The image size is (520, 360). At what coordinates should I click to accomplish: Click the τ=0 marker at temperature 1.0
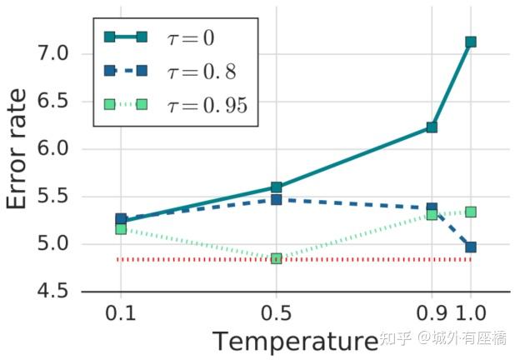point(471,42)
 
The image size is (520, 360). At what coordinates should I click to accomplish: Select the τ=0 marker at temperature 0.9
point(432,127)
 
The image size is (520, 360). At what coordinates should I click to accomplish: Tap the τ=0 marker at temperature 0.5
point(276,187)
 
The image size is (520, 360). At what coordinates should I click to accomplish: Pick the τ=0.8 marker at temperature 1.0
point(471,247)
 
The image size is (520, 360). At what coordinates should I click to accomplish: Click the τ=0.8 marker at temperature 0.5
point(276,200)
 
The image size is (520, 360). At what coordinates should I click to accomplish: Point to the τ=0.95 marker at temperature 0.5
point(276,258)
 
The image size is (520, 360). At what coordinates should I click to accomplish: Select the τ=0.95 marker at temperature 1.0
point(471,212)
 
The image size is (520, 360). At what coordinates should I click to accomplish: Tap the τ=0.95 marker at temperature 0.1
point(121,228)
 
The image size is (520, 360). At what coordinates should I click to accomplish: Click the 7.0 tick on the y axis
point(55,54)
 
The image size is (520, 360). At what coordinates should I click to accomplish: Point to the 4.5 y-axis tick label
point(55,292)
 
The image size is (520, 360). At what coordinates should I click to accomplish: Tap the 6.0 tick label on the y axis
point(55,149)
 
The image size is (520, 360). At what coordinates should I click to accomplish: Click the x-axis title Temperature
point(293,342)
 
